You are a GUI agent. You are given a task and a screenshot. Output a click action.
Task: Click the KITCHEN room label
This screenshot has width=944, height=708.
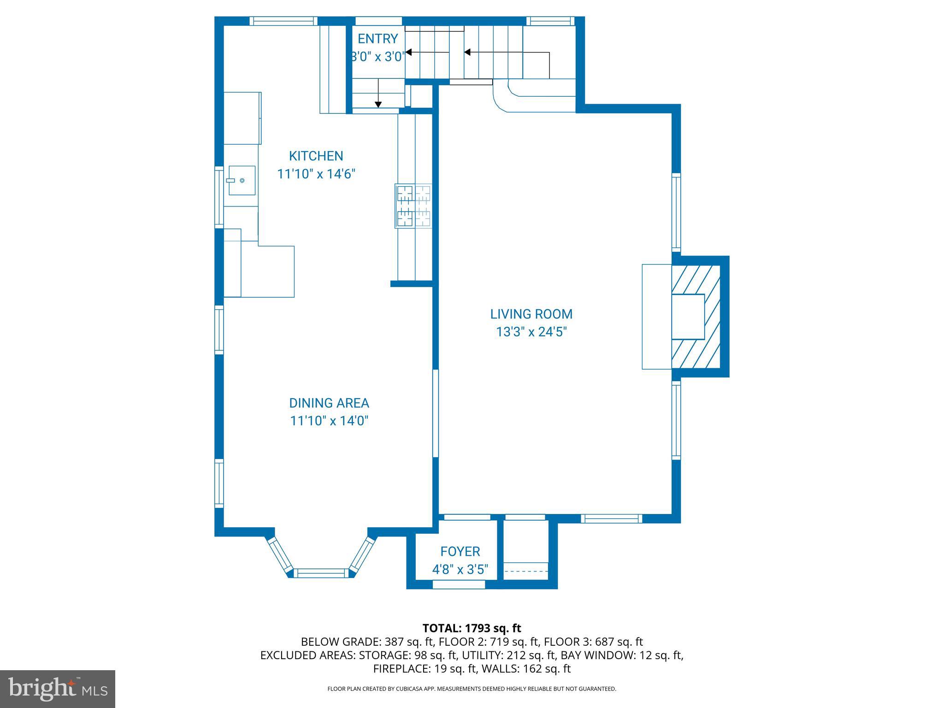[x=316, y=156]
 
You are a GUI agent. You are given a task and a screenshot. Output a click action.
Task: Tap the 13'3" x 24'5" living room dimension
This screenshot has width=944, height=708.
[x=531, y=332]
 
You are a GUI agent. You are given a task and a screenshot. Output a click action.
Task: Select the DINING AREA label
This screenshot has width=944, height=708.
[x=329, y=403]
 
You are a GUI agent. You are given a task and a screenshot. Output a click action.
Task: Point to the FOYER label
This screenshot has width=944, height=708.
[x=460, y=551]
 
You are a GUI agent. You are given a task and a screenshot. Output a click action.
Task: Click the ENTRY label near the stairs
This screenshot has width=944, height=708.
[x=378, y=38]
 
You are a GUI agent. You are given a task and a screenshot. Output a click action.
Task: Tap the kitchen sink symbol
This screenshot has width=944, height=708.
[x=242, y=180]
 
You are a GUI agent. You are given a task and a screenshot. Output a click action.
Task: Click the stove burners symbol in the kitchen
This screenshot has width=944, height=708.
[x=413, y=206]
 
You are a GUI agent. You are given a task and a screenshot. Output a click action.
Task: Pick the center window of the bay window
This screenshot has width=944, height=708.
[x=321, y=573]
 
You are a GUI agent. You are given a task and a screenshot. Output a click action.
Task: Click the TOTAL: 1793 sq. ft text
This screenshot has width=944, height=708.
[x=472, y=628]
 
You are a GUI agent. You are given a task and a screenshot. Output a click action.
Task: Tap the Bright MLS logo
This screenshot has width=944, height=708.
[x=57, y=689]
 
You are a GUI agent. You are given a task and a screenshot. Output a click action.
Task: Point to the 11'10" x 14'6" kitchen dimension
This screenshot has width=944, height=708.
[x=316, y=174]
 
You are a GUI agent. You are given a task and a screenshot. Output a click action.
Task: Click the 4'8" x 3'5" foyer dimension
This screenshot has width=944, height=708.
[x=460, y=570]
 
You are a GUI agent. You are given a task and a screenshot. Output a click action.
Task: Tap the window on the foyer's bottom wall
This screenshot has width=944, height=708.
[x=459, y=584]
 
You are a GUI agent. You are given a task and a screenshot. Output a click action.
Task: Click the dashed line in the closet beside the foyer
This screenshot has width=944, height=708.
[x=525, y=572]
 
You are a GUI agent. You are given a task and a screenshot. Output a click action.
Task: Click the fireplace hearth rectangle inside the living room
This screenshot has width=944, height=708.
[x=656, y=316]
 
